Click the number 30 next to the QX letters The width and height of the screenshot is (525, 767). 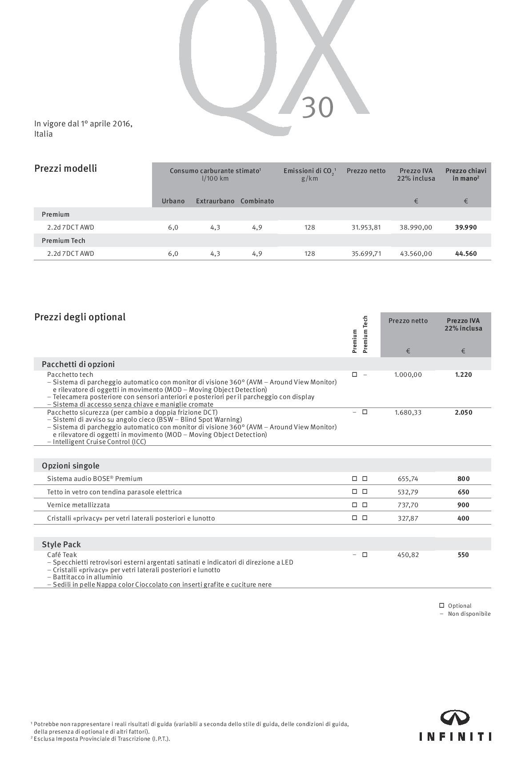click(317, 107)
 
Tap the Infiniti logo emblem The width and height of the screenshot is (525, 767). click(455, 717)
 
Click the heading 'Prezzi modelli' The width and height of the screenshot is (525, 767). click(65, 169)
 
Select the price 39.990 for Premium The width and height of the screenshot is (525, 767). click(465, 227)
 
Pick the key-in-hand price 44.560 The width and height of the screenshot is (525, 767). click(465, 254)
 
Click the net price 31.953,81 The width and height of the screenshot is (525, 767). click(366, 227)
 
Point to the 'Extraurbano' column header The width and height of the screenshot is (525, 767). click(215, 201)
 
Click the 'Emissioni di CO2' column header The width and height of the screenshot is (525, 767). click(309, 171)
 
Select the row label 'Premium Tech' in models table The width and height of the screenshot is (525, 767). click(63, 241)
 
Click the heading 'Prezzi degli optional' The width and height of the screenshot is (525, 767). click(80, 317)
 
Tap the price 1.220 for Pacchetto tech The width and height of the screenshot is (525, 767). click(463, 375)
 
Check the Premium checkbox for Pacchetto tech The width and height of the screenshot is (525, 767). click(354, 375)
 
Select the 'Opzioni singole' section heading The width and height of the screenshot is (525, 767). click(70, 466)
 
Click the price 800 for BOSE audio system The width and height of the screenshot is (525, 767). click(463, 479)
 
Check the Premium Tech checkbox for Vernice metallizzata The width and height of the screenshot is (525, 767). click(365, 505)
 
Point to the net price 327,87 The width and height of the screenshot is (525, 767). click(408, 518)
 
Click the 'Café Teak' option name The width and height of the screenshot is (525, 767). click(62, 555)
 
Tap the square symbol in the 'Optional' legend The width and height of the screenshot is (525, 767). click(441, 606)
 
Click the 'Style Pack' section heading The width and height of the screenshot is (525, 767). click(61, 545)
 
